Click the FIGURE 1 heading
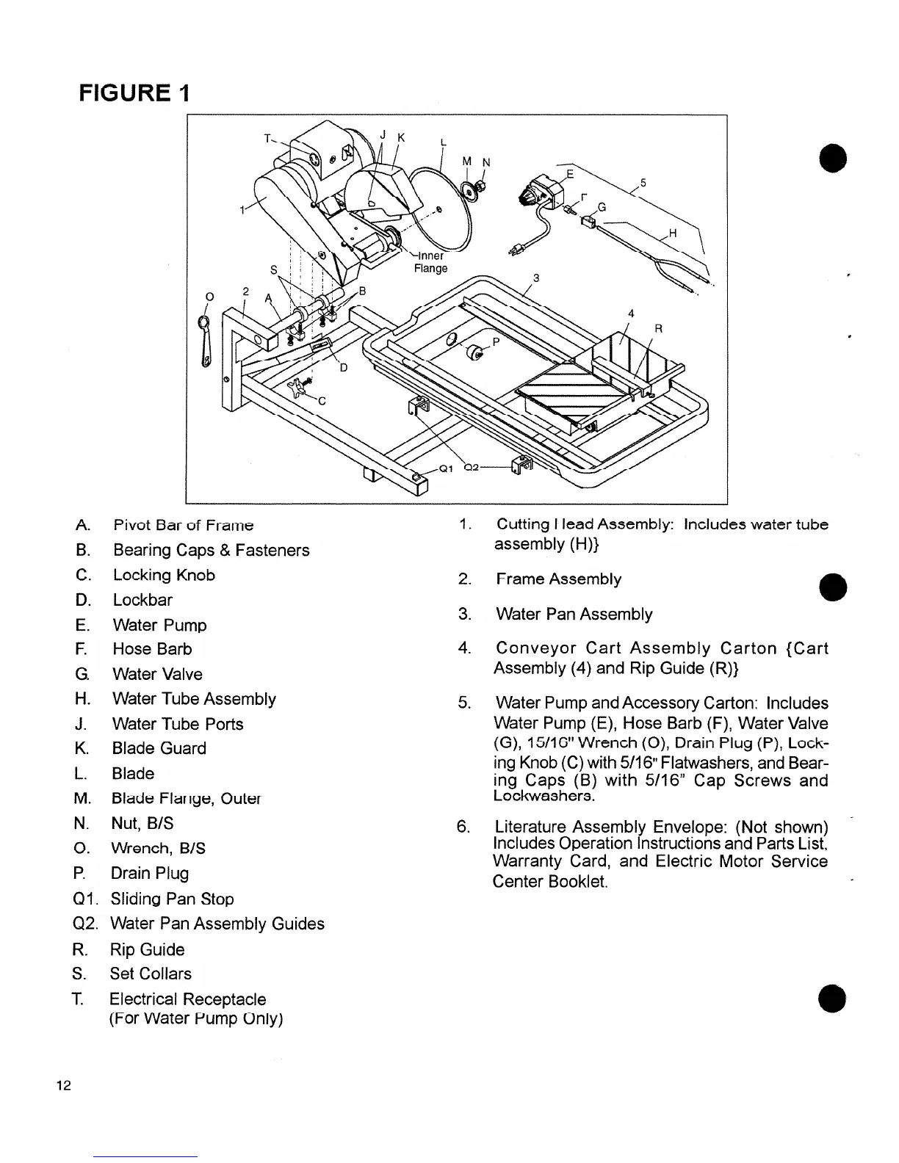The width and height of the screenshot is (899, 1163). [136, 93]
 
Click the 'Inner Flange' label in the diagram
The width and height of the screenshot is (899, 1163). [430, 262]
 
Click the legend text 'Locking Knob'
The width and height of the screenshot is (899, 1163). [164, 575]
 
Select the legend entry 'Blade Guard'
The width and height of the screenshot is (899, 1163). [159, 748]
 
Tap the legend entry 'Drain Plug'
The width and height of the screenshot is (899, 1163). [150, 873]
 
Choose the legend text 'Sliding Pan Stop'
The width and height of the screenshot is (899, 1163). [172, 899]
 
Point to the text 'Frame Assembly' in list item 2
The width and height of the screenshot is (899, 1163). [558, 579]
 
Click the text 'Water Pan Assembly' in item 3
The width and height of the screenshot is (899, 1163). [574, 614]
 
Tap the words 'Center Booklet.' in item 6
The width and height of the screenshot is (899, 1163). [550, 880]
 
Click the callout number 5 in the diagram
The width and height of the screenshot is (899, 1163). [643, 183]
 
